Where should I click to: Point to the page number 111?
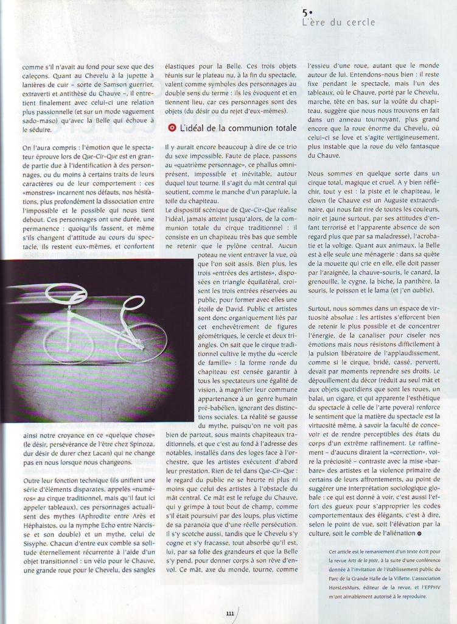coord(229,614)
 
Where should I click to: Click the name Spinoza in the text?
coord(138,443)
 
